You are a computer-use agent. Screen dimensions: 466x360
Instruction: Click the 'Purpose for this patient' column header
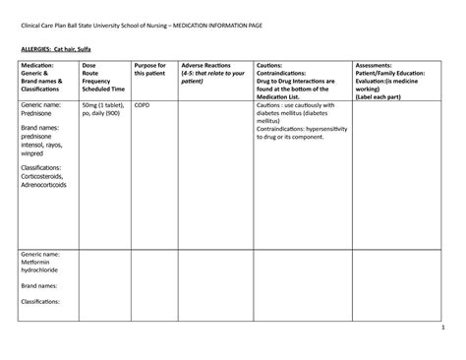pyautogui.click(x=151, y=70)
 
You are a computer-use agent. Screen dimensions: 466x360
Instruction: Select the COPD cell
pyautogui.click(x=142, y=104)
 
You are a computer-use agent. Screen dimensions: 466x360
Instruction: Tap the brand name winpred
pyautogui.click(x=33, y=152)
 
